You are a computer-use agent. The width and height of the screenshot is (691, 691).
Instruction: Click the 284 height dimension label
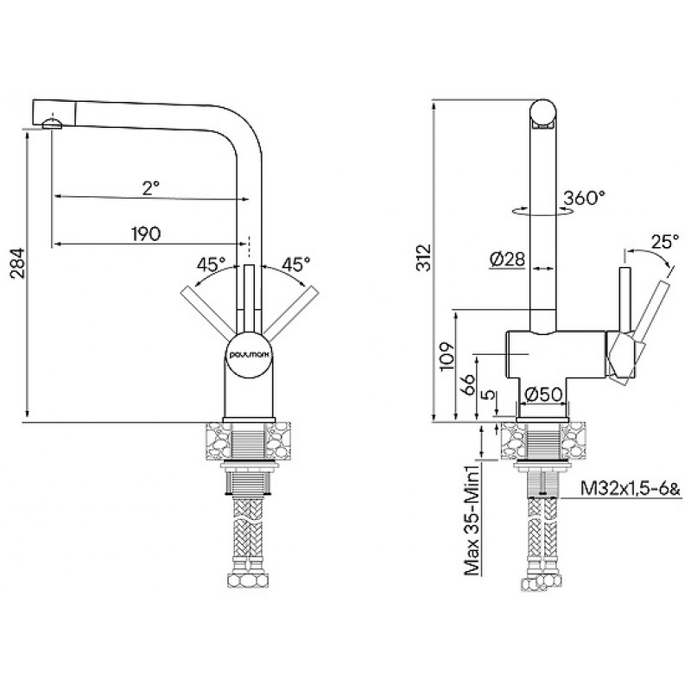click(x=18, y=263)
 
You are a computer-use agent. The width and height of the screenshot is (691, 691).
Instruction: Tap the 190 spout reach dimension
click(x=146, y=234)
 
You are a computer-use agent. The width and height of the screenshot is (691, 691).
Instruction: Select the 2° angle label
click(x=150, y=188)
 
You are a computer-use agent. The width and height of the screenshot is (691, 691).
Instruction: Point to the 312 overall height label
click(x=424, y=257)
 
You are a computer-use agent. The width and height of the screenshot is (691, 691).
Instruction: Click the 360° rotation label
click(x=585, y=198)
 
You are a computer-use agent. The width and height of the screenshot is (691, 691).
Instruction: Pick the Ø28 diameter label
click(x=507, y=258)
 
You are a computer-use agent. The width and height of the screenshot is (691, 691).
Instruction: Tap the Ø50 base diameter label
click(x=544, y=395)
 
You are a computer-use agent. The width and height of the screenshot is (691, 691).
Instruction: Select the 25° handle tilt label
click(x=665, y=242)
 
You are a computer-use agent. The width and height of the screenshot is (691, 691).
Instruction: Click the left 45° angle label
click(x=211, y=264)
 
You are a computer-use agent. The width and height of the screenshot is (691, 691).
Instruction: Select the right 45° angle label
click(x=295, y=264)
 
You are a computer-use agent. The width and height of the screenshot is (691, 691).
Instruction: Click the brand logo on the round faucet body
click(x=250, y=354)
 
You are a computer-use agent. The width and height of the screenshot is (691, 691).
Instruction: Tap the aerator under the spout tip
click(x=53, y=124)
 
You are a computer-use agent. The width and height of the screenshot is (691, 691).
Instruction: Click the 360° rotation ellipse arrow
click(x=543, y=211)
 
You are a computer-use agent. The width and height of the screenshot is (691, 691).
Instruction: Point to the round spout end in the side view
click(x=543, y=112)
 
